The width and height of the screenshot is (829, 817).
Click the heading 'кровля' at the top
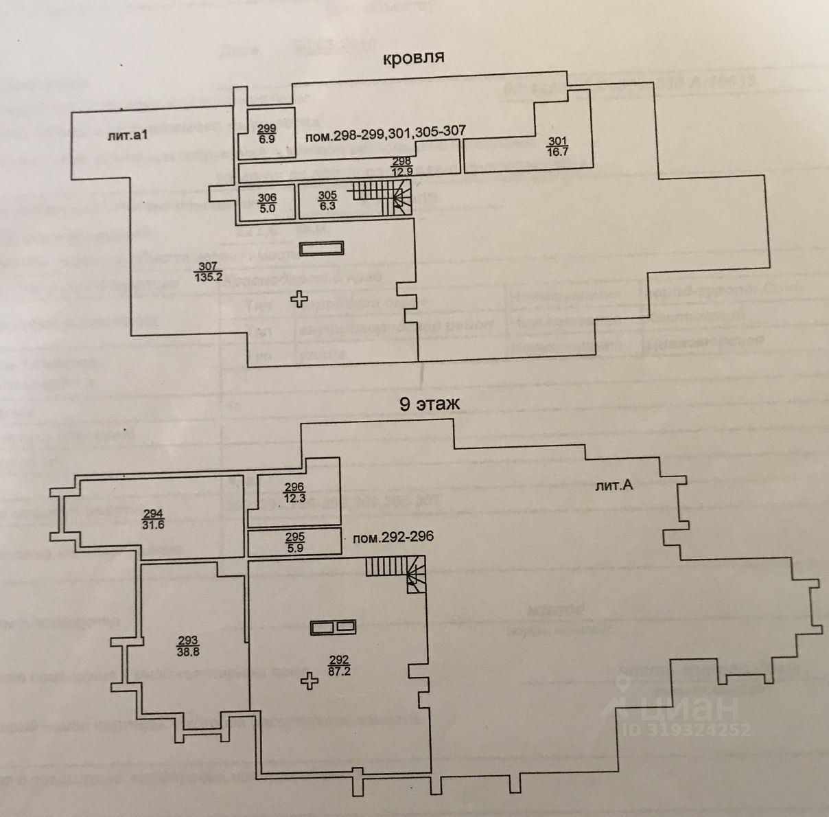pyautogui.click(x=413, y=58)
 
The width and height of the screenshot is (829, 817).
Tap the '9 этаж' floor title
pyautogui.click(x=430, y=404)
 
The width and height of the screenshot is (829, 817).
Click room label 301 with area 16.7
pyautogui.click(x=557, y=147)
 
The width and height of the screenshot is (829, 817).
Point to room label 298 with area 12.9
pyautogui.click(x=401, y=166)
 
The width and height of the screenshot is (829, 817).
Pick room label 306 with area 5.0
pyautogui.click(x=267, y=203)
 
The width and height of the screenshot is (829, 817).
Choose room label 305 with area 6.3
pyautogui.click(x=327, y=201)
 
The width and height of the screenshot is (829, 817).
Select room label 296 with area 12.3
pyautogui.click(x=294, y=493)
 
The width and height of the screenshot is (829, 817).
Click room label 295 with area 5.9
pyautogui.click(x=294, y=542)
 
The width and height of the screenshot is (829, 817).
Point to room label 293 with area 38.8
pyautogui.click(x=187, y=647)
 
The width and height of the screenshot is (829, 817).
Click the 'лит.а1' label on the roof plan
pyautogui.click(x=128, y=136)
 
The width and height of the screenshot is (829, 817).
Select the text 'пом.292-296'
pyautogui.click(x=393, y=537)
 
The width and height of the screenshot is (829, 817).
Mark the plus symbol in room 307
pyautogui.click(x=299, y=299)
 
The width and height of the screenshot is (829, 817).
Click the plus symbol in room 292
pyautogui.click(x=310, y=681)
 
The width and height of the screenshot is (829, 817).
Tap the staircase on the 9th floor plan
pyautogui.click(x=396, y=573)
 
